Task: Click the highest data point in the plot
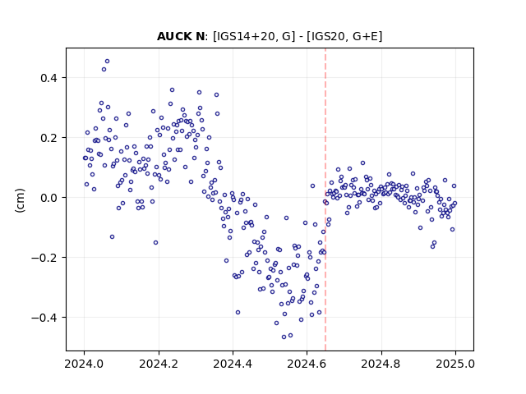[108, 62]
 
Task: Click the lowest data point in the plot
[284, 337]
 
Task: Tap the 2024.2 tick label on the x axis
[159, 364]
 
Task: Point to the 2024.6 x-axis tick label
[307, 364]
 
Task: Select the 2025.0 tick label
[455, 364]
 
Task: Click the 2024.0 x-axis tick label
[84, 364]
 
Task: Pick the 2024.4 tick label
[233, 364]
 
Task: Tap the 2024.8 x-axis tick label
[381, 364]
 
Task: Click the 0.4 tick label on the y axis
[49, 78]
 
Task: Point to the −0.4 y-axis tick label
[44, 318]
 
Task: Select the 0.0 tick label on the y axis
[49, 198]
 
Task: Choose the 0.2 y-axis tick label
[49, 138]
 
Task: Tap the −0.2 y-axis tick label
[44, 258]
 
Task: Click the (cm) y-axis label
[20, 200]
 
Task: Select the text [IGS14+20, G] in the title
[254, 36]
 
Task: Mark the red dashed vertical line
[325, 199]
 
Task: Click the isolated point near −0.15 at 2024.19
[155, 243]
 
